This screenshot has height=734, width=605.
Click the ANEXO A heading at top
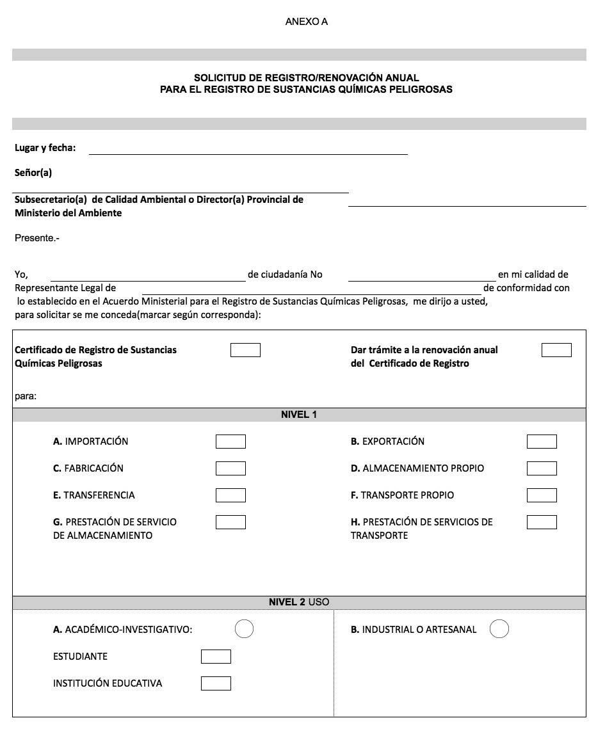306,22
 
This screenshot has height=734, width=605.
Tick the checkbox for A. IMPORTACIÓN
230,442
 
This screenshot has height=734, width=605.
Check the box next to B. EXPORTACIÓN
542,442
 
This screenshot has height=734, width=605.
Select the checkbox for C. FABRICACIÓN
230,468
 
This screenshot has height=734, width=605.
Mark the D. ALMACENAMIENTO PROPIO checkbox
542,468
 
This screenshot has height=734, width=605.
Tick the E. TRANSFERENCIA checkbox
230,495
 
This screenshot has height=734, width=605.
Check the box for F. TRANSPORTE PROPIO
542,495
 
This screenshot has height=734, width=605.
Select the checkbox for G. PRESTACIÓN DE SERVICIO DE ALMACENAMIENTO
230,522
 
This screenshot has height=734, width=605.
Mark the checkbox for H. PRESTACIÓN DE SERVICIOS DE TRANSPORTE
542,522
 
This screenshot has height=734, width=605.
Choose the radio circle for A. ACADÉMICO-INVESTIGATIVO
244,629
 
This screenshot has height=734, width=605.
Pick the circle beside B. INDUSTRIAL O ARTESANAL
499,629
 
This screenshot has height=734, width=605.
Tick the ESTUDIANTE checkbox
216,657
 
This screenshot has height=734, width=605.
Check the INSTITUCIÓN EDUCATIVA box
216,683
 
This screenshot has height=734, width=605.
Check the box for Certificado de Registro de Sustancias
245,350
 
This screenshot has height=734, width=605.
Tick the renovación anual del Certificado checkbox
556,350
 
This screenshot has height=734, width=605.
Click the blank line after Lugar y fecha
248,149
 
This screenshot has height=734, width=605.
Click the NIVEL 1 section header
299,415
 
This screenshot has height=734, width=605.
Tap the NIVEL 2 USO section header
299,602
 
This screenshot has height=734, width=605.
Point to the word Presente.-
37,238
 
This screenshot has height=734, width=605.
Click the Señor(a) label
33,173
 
